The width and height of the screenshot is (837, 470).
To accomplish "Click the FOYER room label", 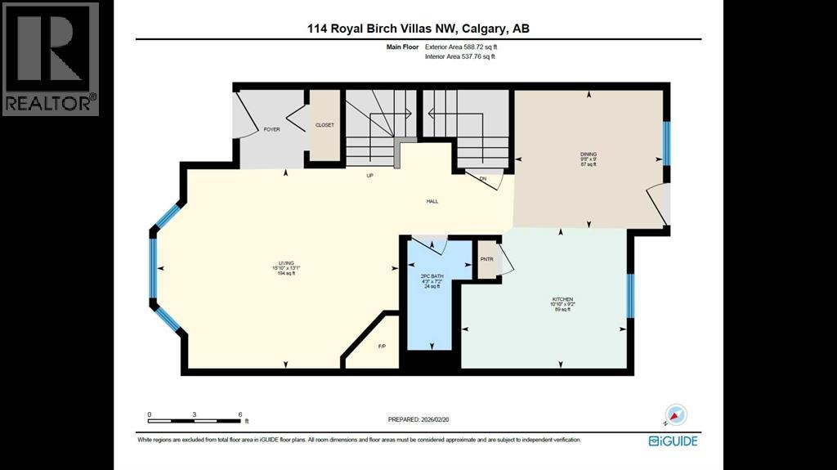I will click(x=272, y=130).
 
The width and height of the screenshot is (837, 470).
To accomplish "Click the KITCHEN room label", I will click(x=562, y=300).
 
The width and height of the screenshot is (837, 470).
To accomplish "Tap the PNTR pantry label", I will click(x=487, y=261).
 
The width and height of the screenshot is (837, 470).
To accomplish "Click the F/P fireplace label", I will click(x=382, y=347).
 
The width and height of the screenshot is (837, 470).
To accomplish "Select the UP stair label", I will click(x=370, y=176).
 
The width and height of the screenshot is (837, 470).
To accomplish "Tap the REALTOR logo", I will click(x=51, y=58).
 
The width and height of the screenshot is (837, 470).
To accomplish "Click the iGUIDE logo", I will click(x=674, y=441).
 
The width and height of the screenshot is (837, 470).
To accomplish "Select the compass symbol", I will click(x=676, y=414).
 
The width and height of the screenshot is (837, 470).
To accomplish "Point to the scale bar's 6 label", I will click(x=239, y=414).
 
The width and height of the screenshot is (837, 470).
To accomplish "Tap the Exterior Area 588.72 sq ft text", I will click(x=460, y=47).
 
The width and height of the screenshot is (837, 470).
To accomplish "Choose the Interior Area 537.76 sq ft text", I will click(x=460, y=56).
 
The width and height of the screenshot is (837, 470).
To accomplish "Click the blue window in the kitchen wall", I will click(x=630, y=295).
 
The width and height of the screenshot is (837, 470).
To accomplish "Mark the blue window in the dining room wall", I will click(x=666, y=143).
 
